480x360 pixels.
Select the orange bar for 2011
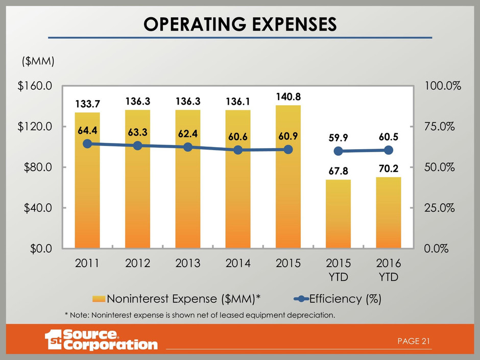click(x=87, y=194)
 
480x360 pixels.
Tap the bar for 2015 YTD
click(x=338, y=214)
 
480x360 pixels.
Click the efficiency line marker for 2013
click(x=188, y=147)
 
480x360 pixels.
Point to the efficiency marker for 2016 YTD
click(x=389, y=150)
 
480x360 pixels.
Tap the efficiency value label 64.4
click(x=87, y=131)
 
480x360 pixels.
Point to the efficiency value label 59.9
click(x=338, y=138)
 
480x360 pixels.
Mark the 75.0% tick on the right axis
click(x=440, y=127)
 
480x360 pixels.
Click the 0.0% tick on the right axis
click(x=438, y=249)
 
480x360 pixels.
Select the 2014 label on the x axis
click(x=238, y=263)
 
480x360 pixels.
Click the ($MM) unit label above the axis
click(x=37, y=61)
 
